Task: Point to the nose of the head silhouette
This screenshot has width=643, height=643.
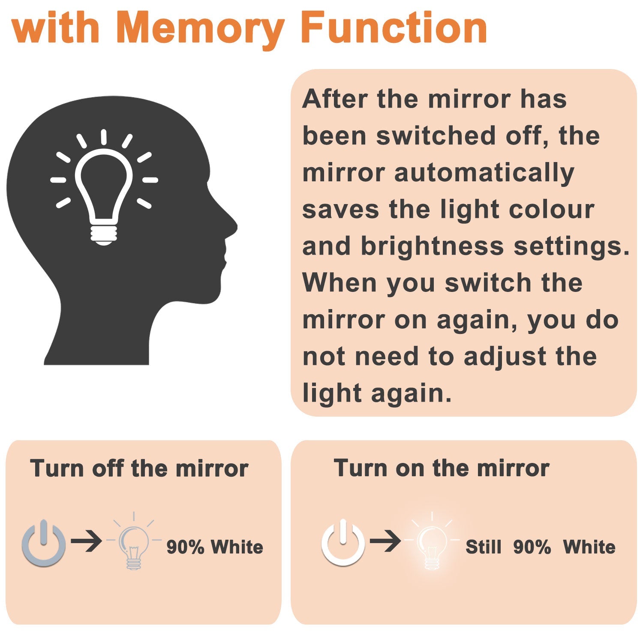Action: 231,225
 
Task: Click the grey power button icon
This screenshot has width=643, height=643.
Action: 43,543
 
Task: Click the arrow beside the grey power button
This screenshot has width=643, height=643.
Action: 87,541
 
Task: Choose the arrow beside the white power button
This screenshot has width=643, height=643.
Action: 385,541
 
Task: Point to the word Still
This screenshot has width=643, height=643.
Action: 484,547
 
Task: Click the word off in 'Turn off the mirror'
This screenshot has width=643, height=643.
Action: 107,468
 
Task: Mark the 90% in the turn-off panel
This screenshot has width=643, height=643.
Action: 185,547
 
